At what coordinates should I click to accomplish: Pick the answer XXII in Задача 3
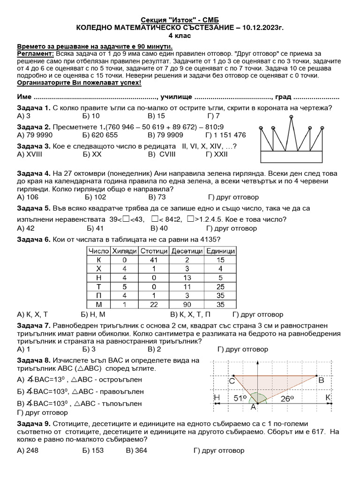coord(217,153)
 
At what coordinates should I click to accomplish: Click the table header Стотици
coord(154,251)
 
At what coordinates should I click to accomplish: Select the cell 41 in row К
coord(154,260)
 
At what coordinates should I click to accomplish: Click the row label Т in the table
coord(99,286)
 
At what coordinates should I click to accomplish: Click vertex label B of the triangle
coord(321,381)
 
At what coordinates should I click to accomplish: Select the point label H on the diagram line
coord(216,398)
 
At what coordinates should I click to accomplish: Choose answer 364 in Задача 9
coord(141,451)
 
